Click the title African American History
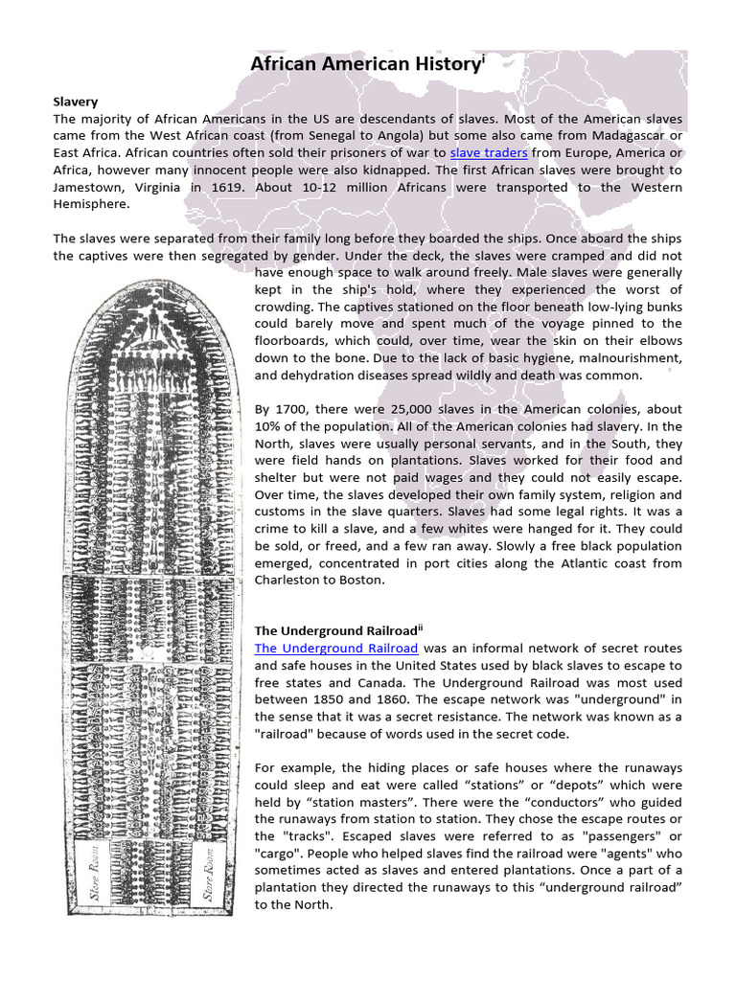click(365, 64)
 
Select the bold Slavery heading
click(76, 101)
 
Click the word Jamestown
click(89, 188)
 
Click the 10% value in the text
click(270, 426)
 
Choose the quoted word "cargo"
click(279, 854)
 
